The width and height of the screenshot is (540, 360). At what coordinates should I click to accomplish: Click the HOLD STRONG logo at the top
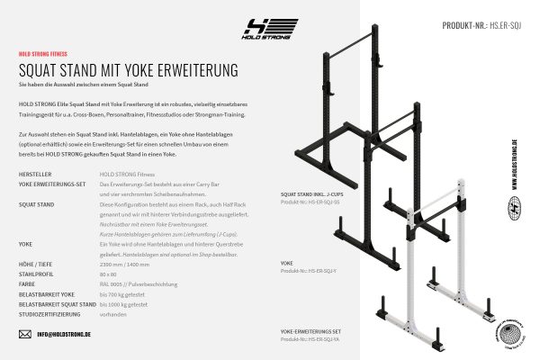(x=270, y=29)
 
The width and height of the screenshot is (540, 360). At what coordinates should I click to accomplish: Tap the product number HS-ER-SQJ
(x=497, y=26)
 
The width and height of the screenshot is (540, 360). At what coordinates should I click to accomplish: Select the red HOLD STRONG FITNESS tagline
(x=41, y=54)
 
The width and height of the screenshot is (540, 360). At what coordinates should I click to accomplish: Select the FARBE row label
(x=28, y=283)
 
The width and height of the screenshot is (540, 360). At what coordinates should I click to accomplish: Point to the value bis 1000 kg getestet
(x=125, y=305)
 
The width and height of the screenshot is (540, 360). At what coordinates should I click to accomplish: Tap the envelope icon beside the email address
(x=24, y=334)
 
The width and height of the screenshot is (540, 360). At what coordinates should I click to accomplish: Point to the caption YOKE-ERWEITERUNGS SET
(x=310, y=330)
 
